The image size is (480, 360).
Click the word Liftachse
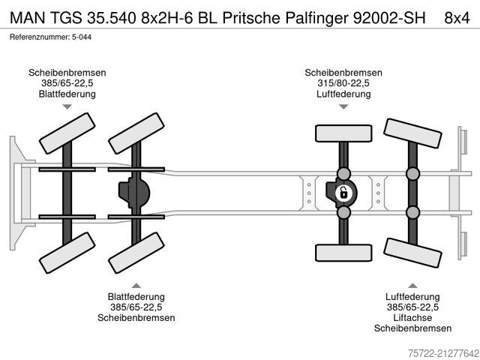point(412,318)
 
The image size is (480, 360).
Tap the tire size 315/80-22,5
point(343,83)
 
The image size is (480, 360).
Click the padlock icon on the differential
point(343,193)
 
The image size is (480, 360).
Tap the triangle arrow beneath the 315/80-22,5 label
point(343,107)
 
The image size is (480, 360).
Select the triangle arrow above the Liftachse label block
point(412,285)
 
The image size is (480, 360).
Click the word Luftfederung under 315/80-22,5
point(343,94)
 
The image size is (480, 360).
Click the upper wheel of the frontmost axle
point(66,133)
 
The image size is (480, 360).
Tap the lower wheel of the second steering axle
point(136,253)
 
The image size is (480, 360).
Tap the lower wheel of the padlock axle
point(343,253)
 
